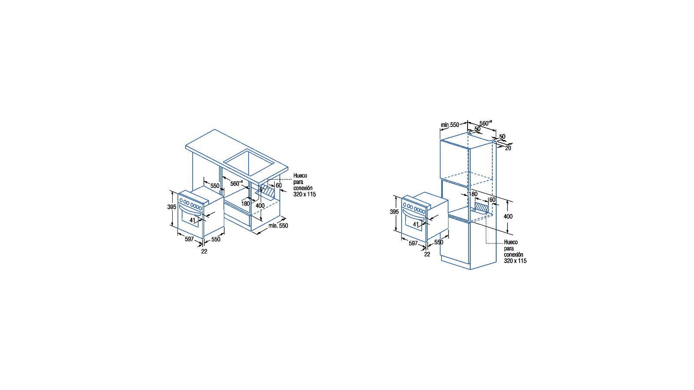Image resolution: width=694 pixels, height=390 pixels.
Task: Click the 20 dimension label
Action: pos(508,148)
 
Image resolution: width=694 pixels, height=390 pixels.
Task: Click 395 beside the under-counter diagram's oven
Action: pos(172,207)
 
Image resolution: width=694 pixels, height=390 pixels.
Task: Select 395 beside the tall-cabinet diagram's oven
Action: pos(394,212)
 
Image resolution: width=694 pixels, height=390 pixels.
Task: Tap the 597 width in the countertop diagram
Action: pos(189,239)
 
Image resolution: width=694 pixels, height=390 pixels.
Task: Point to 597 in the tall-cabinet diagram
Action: pos(413,243)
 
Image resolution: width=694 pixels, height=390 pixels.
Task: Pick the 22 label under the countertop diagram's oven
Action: pos(204,252)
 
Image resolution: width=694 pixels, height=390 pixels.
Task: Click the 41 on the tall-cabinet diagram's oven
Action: pos(416,224)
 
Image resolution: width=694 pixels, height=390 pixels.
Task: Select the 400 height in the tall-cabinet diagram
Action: pos(508,217)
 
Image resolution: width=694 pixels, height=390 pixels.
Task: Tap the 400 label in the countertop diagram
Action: pos(260,206)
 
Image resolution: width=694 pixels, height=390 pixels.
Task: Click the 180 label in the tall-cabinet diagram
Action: pos(473,194)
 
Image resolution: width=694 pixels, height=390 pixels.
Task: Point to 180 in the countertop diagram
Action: pos(246,204)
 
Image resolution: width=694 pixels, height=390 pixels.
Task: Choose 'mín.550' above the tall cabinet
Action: pos(450,125)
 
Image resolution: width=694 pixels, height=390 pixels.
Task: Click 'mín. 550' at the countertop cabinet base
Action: pos(278,226)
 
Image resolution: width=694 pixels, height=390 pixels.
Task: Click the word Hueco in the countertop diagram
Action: pos(300,176)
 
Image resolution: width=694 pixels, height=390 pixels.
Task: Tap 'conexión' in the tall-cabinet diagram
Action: pos(514,255)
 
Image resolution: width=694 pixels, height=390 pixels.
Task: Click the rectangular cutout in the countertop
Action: pos(249,162)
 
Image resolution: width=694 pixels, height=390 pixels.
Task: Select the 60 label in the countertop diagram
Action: pos(279,185)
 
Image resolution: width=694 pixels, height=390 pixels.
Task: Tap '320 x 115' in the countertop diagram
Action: pos(304,195)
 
